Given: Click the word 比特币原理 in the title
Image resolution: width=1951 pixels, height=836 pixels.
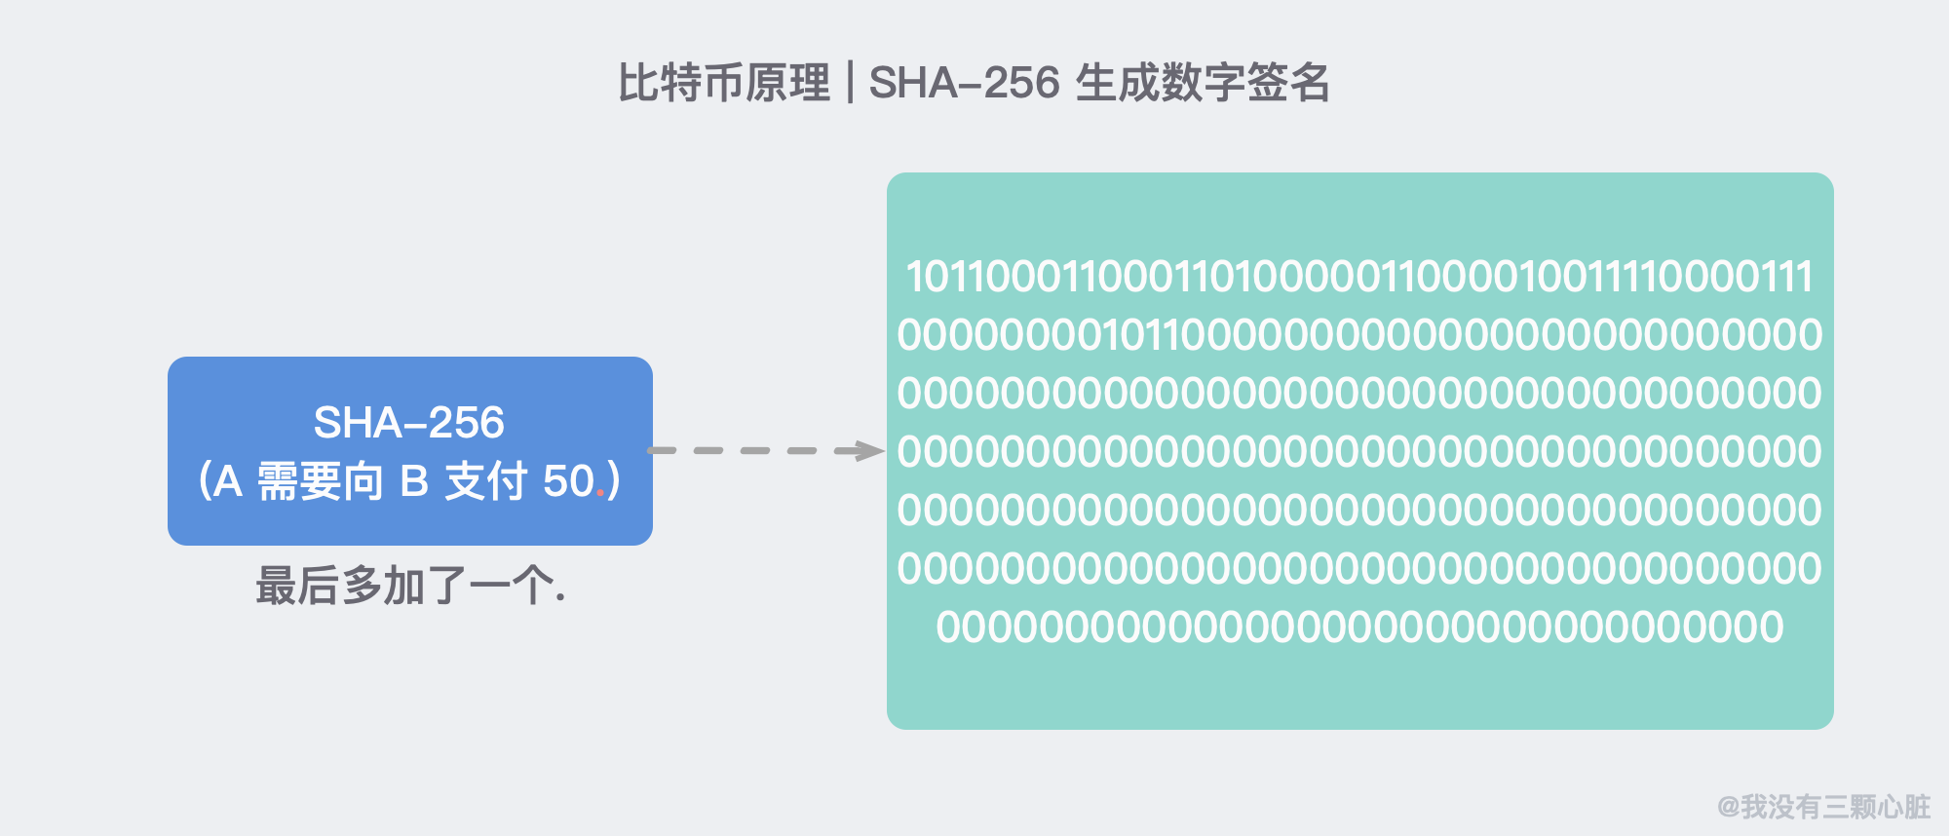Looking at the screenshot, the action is click(x=724, y=83).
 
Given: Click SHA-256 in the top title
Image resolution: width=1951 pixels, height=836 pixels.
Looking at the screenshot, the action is click(x=964, y=83).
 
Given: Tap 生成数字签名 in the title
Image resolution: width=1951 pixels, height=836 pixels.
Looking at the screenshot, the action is click(x=1203, y=83).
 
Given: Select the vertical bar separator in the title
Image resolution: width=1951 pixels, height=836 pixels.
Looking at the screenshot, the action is click(x=850, y=83).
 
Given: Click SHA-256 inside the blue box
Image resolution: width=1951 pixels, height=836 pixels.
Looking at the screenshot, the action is click(x=409, y=423).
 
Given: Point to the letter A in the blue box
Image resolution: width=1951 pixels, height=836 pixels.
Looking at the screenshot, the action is click(x=227, y=481).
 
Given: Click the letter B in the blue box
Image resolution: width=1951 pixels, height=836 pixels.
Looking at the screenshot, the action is click(x=414, y=481).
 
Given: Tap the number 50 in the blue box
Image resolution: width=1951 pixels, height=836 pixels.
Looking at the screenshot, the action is click(x=568, y=481).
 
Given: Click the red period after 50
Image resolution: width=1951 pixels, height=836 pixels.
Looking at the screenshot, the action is click(x=600, y=495).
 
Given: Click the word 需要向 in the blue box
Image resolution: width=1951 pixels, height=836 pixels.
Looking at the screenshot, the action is click(x=321, y=481).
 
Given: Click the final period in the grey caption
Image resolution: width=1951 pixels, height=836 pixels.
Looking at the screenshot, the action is click(x=560, y=598).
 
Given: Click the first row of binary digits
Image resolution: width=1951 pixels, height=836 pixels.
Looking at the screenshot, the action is click(x=1359, y=277).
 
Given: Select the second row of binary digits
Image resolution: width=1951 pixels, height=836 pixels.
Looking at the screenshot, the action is click(x=1359, y=335).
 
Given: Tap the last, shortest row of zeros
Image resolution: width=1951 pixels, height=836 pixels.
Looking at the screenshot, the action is click(x=1359, y=627).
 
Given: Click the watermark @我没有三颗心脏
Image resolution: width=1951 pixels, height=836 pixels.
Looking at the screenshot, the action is click(x=1823, y=807).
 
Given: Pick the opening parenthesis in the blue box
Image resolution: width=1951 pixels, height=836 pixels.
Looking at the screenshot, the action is click(x=204, y=481).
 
